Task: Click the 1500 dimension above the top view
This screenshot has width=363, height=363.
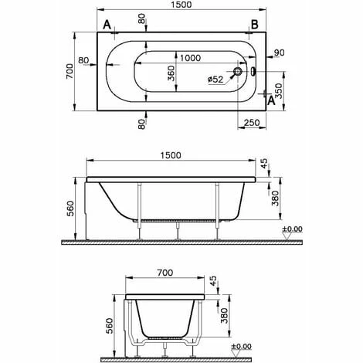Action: pos(181,5)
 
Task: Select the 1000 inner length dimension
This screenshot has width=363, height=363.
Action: pos(190,58)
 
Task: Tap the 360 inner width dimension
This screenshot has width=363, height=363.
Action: pos(171,73)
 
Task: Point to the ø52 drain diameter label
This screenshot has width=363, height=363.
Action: pos(215,80)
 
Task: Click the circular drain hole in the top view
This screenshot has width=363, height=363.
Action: pos(238,72)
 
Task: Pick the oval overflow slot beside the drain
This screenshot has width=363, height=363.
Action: pos(253,72)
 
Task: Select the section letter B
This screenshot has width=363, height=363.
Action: pos(254,25)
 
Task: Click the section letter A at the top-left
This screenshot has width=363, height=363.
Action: pos(107,25)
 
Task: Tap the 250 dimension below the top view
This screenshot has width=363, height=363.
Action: pos(252,123)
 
